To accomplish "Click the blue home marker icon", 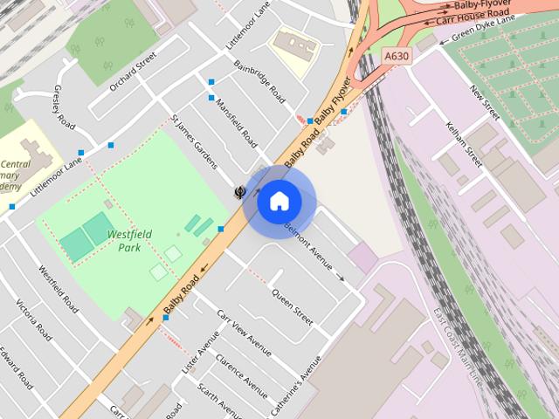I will pos(279,201).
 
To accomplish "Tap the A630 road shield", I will pos(397,55).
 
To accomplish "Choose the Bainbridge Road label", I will pos(259,81).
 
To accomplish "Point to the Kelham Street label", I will pos(462,145).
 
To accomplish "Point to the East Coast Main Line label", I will pos(457,349).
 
